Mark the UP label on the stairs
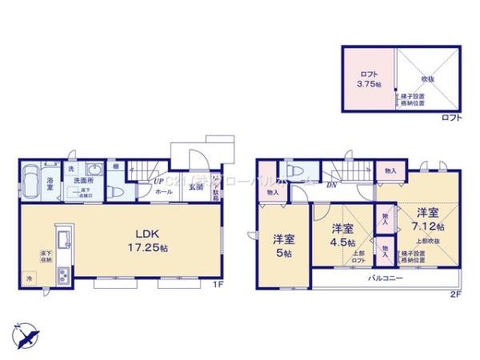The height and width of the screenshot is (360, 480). point(158,181)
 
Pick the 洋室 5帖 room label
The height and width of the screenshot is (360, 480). point(282,243)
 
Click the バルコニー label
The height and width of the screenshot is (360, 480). point(385,278)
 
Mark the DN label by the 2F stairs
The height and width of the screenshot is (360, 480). point(330,185)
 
